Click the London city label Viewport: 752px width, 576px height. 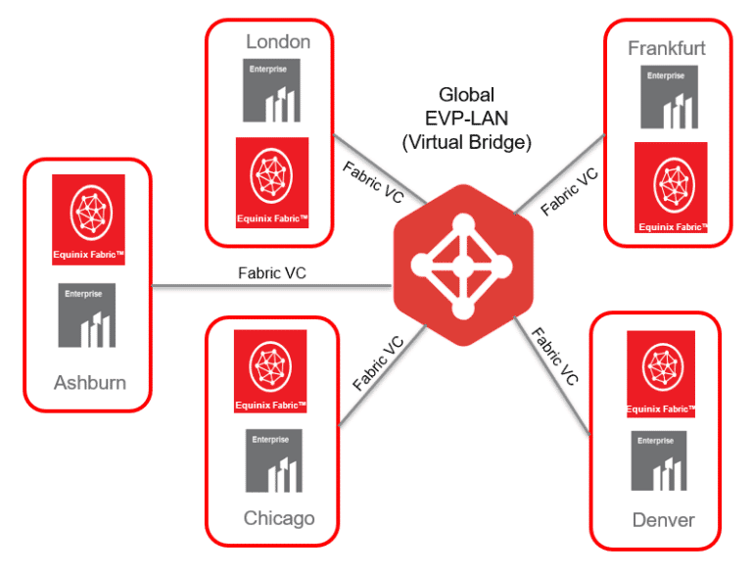(x=278, y=41)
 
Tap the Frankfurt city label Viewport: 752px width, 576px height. (x=667, y=47)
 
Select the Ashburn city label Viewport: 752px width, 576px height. (x=89, y=382)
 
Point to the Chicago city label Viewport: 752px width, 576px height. (x=279, y=517)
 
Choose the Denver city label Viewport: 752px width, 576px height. (x=663, y=519)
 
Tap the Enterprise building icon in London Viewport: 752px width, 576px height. (x=272, y=91)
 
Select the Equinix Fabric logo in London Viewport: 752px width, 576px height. (x=272, y=182)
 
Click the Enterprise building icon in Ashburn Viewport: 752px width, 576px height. (x=87, y=315)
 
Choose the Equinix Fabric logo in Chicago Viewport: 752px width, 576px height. (x=270, y=370)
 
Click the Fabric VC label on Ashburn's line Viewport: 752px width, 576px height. (x=272, y=273)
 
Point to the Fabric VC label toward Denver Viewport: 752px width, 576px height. (x=554, y=355)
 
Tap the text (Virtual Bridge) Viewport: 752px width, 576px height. (x=466, y=141)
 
